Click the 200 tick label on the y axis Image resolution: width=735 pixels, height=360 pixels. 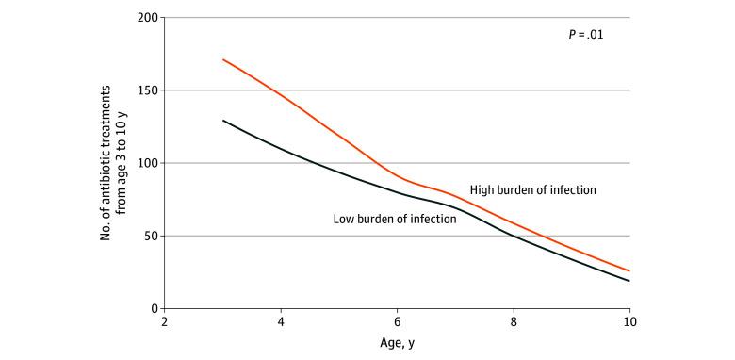pos(145,18)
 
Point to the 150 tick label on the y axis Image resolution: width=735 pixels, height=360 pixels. pos(145,90)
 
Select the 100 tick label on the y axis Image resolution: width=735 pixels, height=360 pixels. pos(145,163)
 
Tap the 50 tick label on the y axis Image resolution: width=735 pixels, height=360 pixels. pos(148,236)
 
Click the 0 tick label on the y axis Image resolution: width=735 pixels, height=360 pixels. pos(151,308)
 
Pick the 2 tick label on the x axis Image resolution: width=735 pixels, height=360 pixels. pos(164,322)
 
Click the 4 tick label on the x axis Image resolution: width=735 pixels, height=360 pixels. pos(281,322)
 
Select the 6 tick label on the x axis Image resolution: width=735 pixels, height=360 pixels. pos(397,322)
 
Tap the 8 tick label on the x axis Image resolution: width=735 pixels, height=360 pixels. pos(514,322)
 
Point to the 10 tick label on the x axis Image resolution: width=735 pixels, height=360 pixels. pos(629,322)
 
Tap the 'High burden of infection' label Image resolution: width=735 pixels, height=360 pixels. pos(533,189)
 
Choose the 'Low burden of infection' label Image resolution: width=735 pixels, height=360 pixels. pos(395,219)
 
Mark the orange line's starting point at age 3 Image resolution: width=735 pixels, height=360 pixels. pos(222,59)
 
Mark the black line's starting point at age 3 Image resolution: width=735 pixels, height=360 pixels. pos(222,121)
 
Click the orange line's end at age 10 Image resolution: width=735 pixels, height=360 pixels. pos(629,271)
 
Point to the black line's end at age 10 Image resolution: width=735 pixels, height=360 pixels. pos(629,281)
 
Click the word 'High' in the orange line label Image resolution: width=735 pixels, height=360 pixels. pos(483,189)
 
